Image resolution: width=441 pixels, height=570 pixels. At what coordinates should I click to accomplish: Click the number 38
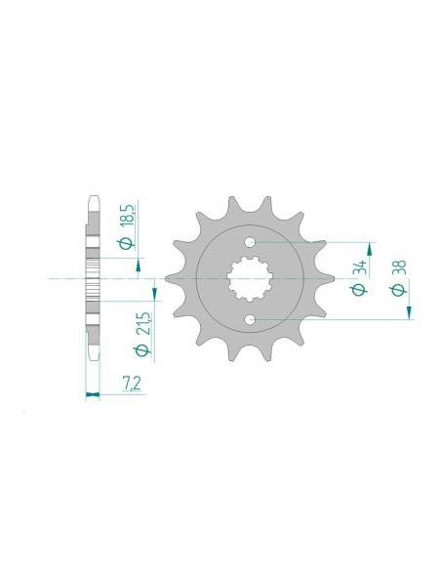[398, 266]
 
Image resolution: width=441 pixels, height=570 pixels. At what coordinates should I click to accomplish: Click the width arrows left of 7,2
[94, 396]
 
